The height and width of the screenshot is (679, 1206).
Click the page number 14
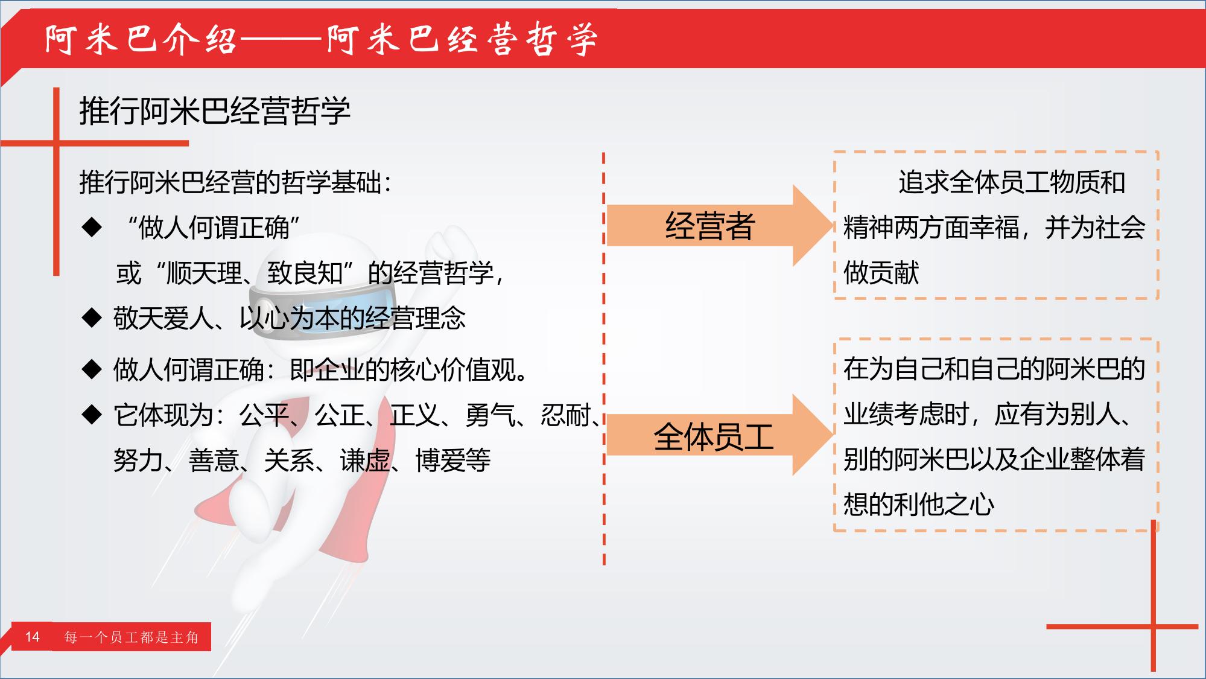tap(32, 637)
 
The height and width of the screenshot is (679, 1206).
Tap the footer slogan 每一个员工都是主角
tap(132, 637)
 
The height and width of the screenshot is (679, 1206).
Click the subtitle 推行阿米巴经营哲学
tap(215, 110)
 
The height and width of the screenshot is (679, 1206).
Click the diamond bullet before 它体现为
tap(92, 414)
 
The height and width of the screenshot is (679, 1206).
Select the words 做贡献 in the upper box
tap(881, 272)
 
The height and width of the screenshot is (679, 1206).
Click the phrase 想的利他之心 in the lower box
tap(918, 504)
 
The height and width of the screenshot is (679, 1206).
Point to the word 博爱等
tap(452, 461)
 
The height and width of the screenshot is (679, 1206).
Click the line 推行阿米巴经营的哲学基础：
tap(236, 182)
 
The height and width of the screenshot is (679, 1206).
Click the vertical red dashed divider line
tap(604, 359)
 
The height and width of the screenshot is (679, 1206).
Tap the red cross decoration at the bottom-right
tap(1153, 626)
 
